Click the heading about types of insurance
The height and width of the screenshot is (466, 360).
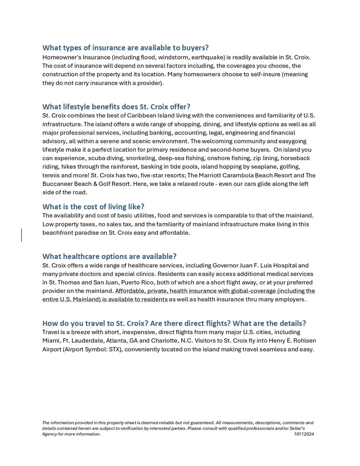point(125,47)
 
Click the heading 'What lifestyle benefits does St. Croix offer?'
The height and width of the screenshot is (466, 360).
point(116,107)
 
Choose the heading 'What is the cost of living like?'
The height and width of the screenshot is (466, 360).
point(93,207)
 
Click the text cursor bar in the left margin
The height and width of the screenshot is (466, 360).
point(22,235)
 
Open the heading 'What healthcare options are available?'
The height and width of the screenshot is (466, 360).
point(110,257)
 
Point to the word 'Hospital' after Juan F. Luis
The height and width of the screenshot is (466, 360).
point(284,265)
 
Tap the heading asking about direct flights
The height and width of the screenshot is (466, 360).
point(174,323)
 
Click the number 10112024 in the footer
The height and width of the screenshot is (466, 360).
point(304,434)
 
